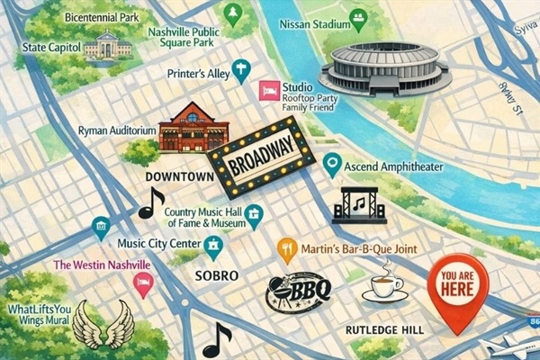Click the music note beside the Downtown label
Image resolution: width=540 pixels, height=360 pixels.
click(x=151, y=203)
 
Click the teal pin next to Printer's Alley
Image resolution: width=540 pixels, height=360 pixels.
click(x=240, y=69)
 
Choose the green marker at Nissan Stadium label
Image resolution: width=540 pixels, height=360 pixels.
click(x=358, y=16)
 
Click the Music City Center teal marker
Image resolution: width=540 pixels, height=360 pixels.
click(x=213, y=244)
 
